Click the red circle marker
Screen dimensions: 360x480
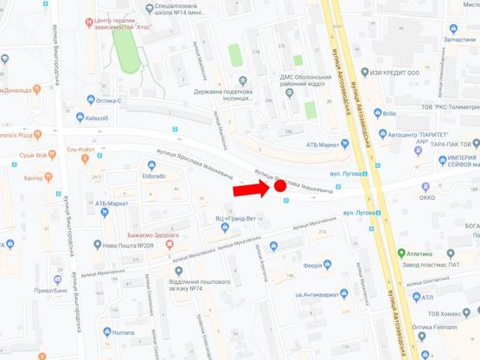click(x=279, y=184)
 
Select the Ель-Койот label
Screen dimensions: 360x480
click(x=80, y=149)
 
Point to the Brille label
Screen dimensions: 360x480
click(x=388, y=113)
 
